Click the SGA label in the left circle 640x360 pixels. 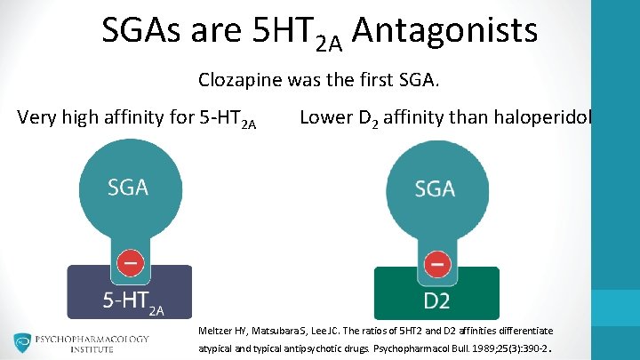pyautogui.click(x=128, y=188)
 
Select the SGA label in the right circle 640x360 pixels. pyautogui.click(x=435, y=188)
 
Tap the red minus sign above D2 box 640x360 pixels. pyautogui.click(x=436, y=264)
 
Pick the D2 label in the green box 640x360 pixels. pyautogui.click(x=436, y=301)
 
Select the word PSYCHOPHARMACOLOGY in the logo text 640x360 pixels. pyautogui.click(x=92, y=339)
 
